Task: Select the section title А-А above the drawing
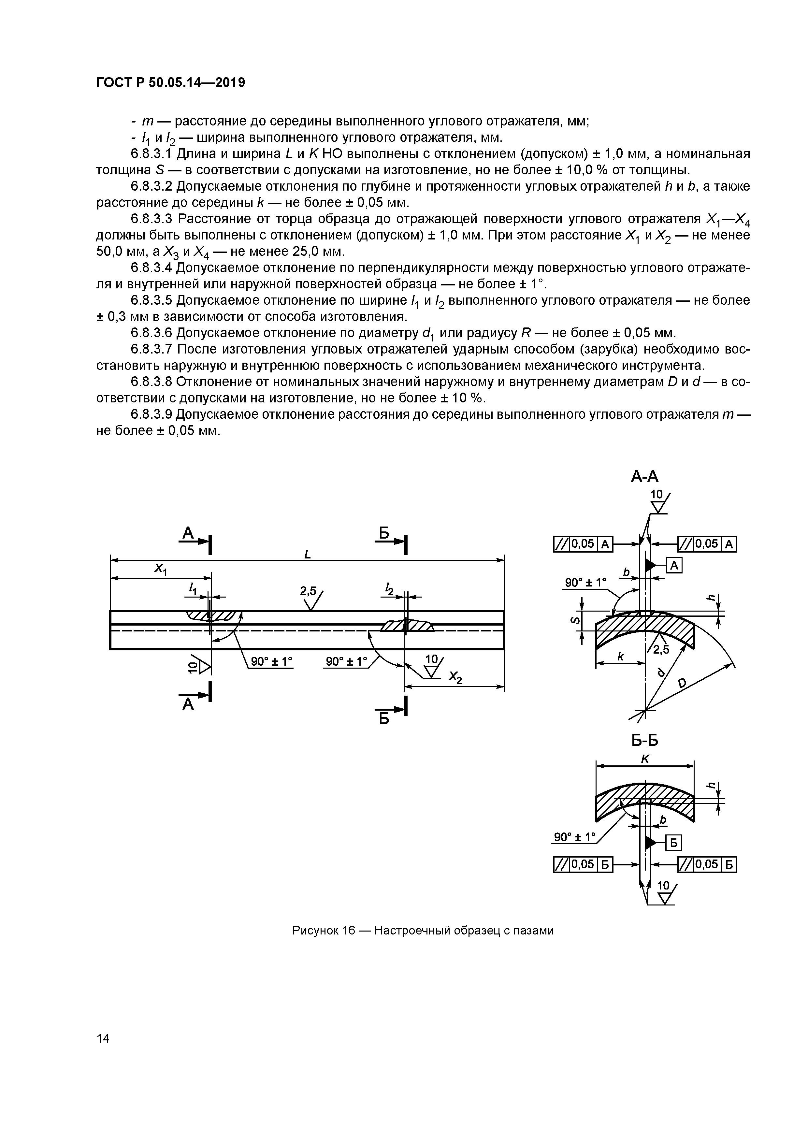pos(645,477)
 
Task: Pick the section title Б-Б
pos(645,741)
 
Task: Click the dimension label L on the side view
pos(307,554)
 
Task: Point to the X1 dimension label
pos(160,569)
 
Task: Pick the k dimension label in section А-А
pos(620,657)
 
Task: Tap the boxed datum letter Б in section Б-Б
pos(673,843)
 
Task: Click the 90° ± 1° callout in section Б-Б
pos(574,837)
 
